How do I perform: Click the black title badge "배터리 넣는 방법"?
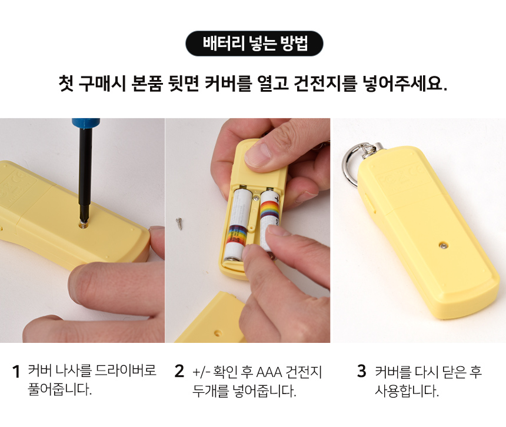coord(254,44)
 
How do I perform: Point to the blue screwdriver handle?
coord(86,124)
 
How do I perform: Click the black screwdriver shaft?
coord(85,174)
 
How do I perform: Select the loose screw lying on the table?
coord(179,223)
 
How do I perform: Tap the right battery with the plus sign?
coord(269,219)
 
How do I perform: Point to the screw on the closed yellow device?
coord(444,246)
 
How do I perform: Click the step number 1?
coord(16,371)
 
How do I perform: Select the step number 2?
coord(179,371)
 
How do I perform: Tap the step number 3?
coord(362,371)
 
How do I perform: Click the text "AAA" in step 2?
coord(269,372)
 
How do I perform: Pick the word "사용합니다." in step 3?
coord(407,391)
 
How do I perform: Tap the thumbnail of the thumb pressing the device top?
coord(258,152)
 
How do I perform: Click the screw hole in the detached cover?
coord(218,332)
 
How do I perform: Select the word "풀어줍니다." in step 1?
coord(60,389)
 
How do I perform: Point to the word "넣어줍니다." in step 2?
coord(264,391)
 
